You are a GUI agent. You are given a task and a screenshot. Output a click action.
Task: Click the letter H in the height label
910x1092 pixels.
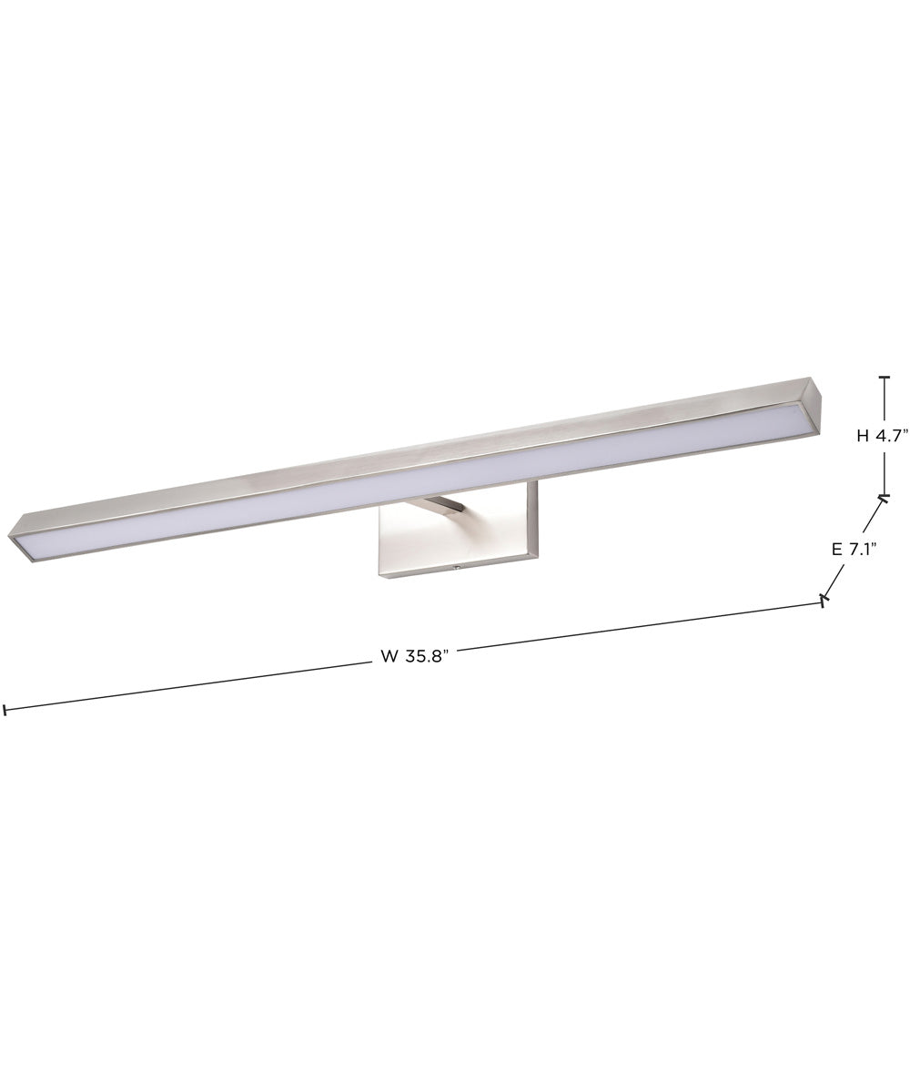[862, 436]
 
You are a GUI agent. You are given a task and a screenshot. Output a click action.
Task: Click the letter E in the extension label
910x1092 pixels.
[836, 549]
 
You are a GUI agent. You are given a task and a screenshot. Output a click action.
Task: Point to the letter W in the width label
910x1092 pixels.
[389, 659]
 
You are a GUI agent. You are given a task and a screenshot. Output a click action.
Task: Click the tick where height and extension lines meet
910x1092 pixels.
[883, 497]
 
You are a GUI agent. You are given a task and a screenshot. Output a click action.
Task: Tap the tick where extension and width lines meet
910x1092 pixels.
[824, 600]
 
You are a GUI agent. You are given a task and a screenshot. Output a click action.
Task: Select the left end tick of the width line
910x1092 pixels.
[5, 710]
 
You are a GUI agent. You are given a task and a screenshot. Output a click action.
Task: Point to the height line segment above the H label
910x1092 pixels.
[883, 400]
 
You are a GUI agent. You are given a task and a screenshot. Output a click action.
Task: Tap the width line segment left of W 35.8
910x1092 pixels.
[182, 686]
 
